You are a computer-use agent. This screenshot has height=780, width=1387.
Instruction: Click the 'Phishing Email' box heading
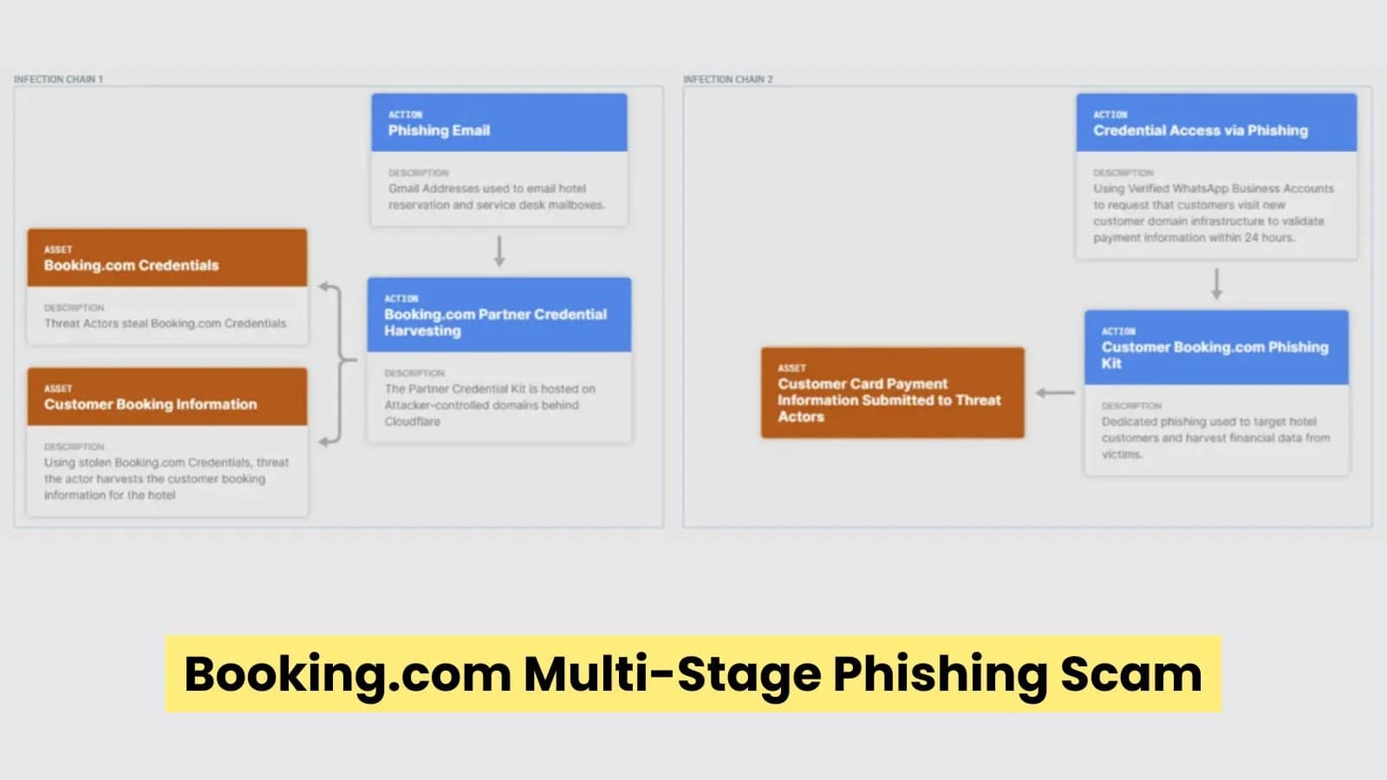[439, 130]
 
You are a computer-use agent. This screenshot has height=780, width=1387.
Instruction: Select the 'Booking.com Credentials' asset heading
[131, 265]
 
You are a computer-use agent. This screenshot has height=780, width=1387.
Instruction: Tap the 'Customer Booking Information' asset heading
[150, 404]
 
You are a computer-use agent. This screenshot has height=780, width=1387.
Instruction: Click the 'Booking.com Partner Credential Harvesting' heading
[495, 322]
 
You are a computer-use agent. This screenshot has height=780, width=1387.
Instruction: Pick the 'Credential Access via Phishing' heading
[1200, 130]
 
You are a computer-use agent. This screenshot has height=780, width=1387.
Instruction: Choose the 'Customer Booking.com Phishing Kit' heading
[1214, 354]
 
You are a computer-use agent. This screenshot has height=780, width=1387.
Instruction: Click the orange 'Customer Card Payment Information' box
[891, 393]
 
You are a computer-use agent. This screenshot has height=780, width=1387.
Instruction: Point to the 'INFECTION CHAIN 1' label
[58, 79]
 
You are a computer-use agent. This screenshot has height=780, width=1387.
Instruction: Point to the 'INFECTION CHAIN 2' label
[727, 79]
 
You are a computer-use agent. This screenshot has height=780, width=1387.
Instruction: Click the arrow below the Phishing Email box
[499, 250]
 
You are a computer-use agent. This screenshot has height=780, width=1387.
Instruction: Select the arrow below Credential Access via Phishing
[1216, 283]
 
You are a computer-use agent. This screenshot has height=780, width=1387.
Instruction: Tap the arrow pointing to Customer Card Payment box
[1054, 393]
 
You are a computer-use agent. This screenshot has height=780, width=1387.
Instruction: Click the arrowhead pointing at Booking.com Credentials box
[323, 286]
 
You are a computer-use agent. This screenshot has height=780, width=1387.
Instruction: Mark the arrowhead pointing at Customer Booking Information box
[323, 442]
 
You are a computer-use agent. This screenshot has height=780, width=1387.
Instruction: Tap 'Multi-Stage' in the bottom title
[672, 673]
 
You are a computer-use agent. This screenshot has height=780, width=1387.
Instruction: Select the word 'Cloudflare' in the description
[413, 421]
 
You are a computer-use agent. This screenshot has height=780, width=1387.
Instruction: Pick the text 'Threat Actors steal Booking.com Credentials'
[165, 323]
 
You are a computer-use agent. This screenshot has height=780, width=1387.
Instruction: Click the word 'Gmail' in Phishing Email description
[403, 188]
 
